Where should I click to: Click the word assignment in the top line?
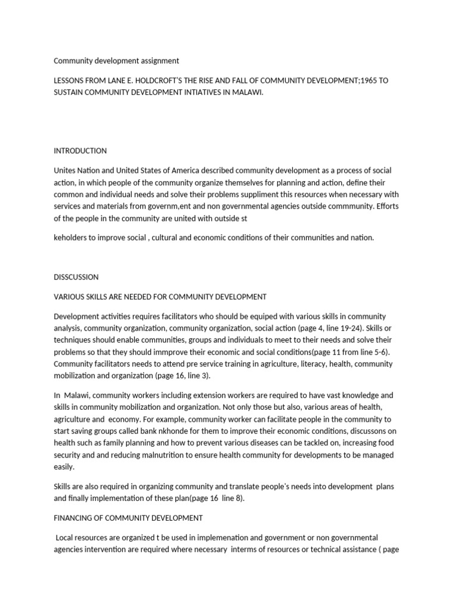click(159, 61)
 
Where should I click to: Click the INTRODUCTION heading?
click(80, 151)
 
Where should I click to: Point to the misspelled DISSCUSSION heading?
click(76, 277)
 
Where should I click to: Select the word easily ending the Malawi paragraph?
click(64, 467)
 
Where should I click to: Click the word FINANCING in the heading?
click(75, 518)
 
